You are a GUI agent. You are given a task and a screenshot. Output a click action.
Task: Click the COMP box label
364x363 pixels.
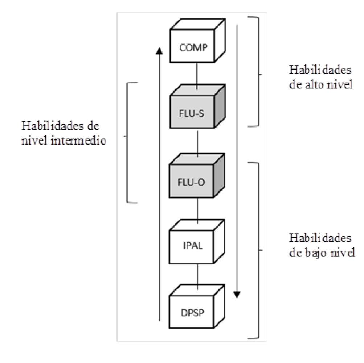pos(193,48)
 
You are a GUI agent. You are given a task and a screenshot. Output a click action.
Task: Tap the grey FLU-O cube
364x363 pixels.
pos(192,182)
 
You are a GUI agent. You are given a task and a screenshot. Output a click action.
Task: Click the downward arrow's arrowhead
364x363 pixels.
pos(237,294)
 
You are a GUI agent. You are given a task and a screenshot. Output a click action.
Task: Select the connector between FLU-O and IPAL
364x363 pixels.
pos(197,212)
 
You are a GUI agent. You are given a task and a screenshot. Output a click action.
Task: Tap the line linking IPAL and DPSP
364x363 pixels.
pos(197,276)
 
